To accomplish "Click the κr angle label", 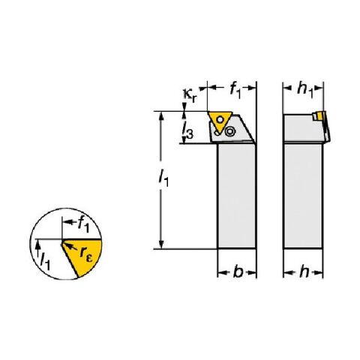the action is [190, 96].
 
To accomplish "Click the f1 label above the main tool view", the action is [235, 91].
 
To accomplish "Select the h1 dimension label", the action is [305, 90].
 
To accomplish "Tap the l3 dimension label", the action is [188, 130].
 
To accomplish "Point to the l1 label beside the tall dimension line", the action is [164, 178].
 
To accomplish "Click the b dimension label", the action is [238, 271].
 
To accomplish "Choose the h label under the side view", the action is [304, 271].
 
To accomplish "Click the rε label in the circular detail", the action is [86, 255].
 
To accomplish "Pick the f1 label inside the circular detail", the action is [83, 224].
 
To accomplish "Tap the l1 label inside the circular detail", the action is [45, 261].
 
